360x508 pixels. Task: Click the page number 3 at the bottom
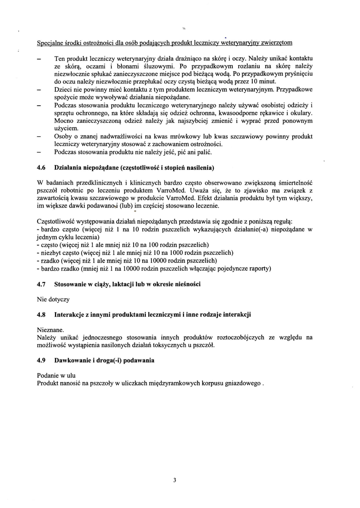[174, 480]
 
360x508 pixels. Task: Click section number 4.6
[41, 168]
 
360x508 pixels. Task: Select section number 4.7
[41, 284]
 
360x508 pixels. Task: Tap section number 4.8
[41, 315]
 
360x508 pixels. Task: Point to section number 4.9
[41, 360]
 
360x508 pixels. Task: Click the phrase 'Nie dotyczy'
[53, 299]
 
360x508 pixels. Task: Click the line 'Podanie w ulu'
[56, 376]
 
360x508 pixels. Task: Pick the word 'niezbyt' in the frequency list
[50, 253]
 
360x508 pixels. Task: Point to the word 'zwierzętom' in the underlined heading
[277, 43]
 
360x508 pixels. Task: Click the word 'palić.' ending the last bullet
[205, 152]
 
